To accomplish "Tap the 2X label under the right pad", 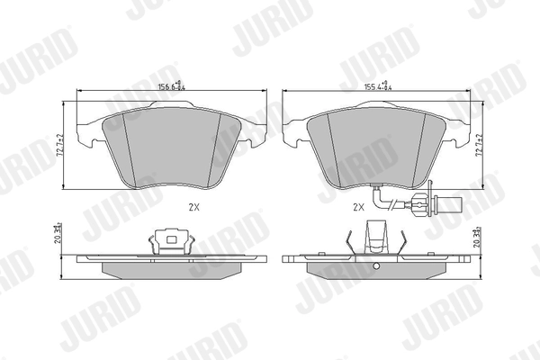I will point(357,207).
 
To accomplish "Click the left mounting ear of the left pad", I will point(86,136).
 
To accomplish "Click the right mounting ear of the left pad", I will point(256,136).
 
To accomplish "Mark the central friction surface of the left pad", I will point(170,148).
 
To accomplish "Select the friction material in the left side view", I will point(170,269).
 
